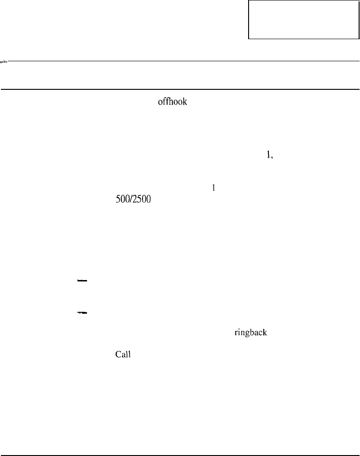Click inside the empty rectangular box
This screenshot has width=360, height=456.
click(303, 19)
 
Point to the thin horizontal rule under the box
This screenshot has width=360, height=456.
click(184, 61)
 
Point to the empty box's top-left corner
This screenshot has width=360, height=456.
click(249, 1)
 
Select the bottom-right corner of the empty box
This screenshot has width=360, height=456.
click(358, 39)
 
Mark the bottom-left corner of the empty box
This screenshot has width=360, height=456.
click(249, 39)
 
